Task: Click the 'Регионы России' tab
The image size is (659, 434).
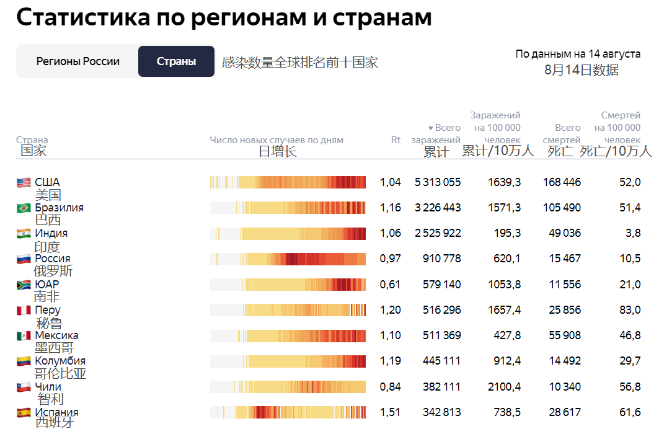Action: coord(77,61)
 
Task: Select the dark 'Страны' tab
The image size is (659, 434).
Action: coord(176,61)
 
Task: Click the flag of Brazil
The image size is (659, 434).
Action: coord(24,208)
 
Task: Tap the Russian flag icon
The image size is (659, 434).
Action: coord(24,259)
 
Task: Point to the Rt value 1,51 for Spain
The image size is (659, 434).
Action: coord(390,412)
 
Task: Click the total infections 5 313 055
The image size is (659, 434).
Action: coord(437,182)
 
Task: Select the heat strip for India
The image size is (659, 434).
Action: coord(288,234)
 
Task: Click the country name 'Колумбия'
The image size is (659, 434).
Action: coord(60,361)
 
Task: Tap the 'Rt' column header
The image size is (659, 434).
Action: coord(396,140)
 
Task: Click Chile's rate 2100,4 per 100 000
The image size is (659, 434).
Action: coord(504,387)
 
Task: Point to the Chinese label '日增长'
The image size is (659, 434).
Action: coord(277,151)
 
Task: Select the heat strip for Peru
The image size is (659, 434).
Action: coord(288,310)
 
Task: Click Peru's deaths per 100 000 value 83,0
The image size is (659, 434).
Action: coord(629,310)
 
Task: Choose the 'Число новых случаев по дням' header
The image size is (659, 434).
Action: coord(276,140)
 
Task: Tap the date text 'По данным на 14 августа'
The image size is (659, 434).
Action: coord(578,54)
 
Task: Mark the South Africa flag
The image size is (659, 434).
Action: coord(24,285)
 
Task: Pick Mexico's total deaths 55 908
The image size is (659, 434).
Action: coord(565,335)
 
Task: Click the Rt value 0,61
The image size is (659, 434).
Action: coord(390,285)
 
